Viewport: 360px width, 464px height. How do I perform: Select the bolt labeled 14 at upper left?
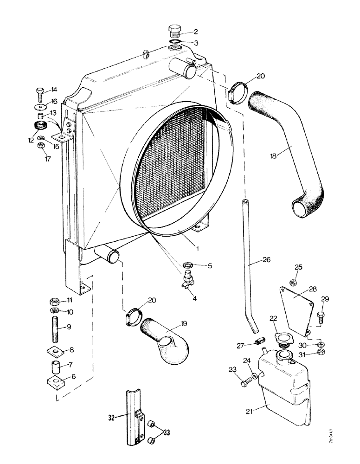40,94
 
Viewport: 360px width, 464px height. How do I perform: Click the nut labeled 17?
40,147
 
